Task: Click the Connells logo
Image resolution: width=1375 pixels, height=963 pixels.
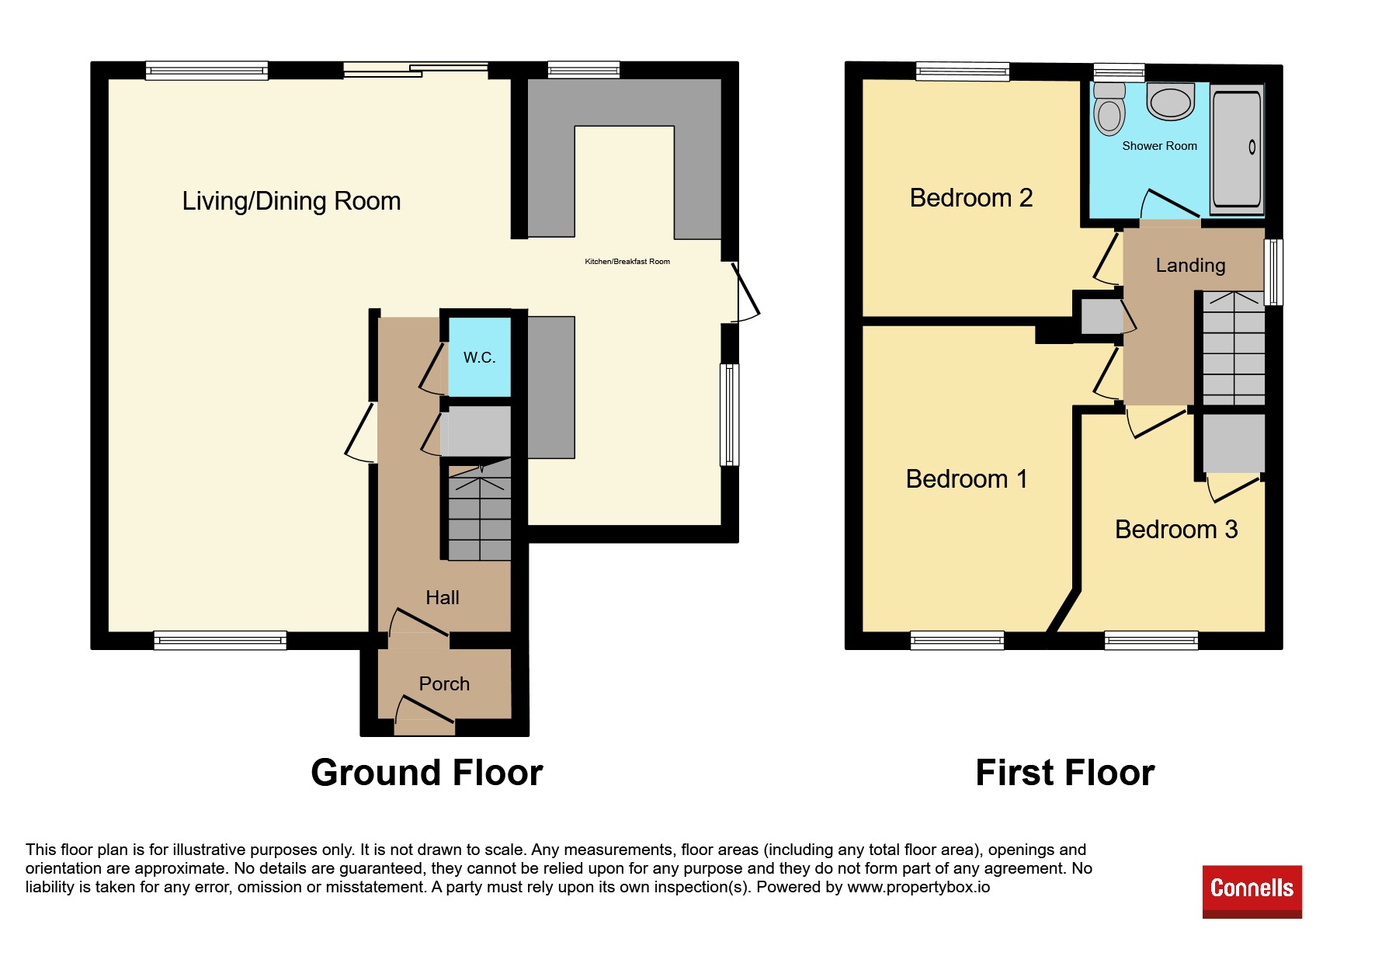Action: click(x=1252, y=892)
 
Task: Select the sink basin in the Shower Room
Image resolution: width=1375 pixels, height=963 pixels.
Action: click(x=1170, y=103)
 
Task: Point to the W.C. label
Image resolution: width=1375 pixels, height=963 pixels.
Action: click(x=479, y=357)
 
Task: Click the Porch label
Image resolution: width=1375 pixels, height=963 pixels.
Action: click(x=444, y=683)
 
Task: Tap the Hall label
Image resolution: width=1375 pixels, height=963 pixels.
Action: click(x=443, y=597)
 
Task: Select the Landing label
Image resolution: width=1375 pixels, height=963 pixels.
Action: click(x=1190, y=266)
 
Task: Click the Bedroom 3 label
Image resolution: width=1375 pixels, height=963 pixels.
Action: click(x=1176, y=529)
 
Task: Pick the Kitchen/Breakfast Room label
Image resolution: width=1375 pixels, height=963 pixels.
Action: click(x=627, y=262)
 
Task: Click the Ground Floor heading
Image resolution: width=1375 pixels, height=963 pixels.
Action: click(x=427, y=773)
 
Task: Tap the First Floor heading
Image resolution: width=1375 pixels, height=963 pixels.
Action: click(x=1065, y=773)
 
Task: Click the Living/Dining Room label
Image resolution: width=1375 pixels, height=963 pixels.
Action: click(x=291, y=201)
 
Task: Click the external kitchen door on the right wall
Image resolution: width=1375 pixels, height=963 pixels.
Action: click(x=746, y=292)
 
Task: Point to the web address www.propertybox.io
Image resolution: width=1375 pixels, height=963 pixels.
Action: click(x=918, y=887)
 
